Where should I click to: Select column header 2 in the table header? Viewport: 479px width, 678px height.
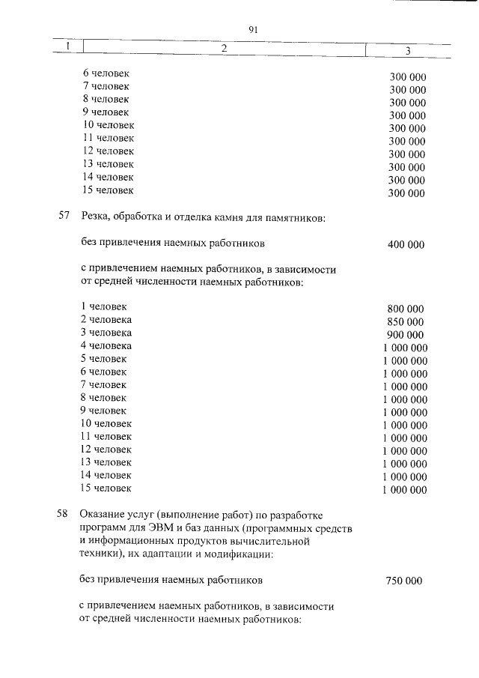click(223, 49)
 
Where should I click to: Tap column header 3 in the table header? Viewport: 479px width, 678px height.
click(407, 51)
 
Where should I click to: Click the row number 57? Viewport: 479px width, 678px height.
click(64, 217)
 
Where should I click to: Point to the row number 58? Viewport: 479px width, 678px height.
click(64, 515)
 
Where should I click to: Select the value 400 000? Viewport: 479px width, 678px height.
click(406, 244)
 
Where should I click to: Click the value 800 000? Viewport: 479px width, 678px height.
click(406, 309)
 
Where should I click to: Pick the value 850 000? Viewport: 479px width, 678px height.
click(406, 321)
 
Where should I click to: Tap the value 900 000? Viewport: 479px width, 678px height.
click(406, 335)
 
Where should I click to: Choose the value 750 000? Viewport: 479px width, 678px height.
click(405, 581)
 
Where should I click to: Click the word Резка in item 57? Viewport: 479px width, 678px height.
click(94, 217)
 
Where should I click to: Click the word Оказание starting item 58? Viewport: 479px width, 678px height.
click(103, 515)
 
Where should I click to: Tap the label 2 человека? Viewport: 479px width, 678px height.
click(106, 319)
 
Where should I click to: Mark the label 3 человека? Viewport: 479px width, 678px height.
click(106, 332)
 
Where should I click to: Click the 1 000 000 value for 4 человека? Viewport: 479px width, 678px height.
click(405, 348)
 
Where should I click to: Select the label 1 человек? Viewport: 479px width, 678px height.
click(104, 306)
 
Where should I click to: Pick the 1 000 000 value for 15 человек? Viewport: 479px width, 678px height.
click(404, 490)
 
